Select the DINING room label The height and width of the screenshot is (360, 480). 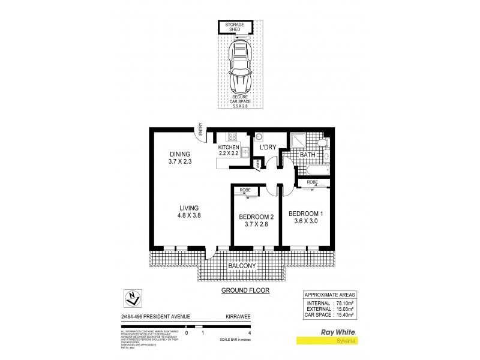179,154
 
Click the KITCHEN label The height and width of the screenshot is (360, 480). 229,148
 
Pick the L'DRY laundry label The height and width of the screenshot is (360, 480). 267,148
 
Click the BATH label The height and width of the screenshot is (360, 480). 307,155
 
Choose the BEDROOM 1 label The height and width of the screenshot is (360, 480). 306,213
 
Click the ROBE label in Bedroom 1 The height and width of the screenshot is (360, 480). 312,182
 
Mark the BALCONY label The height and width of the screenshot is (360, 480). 242,265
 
